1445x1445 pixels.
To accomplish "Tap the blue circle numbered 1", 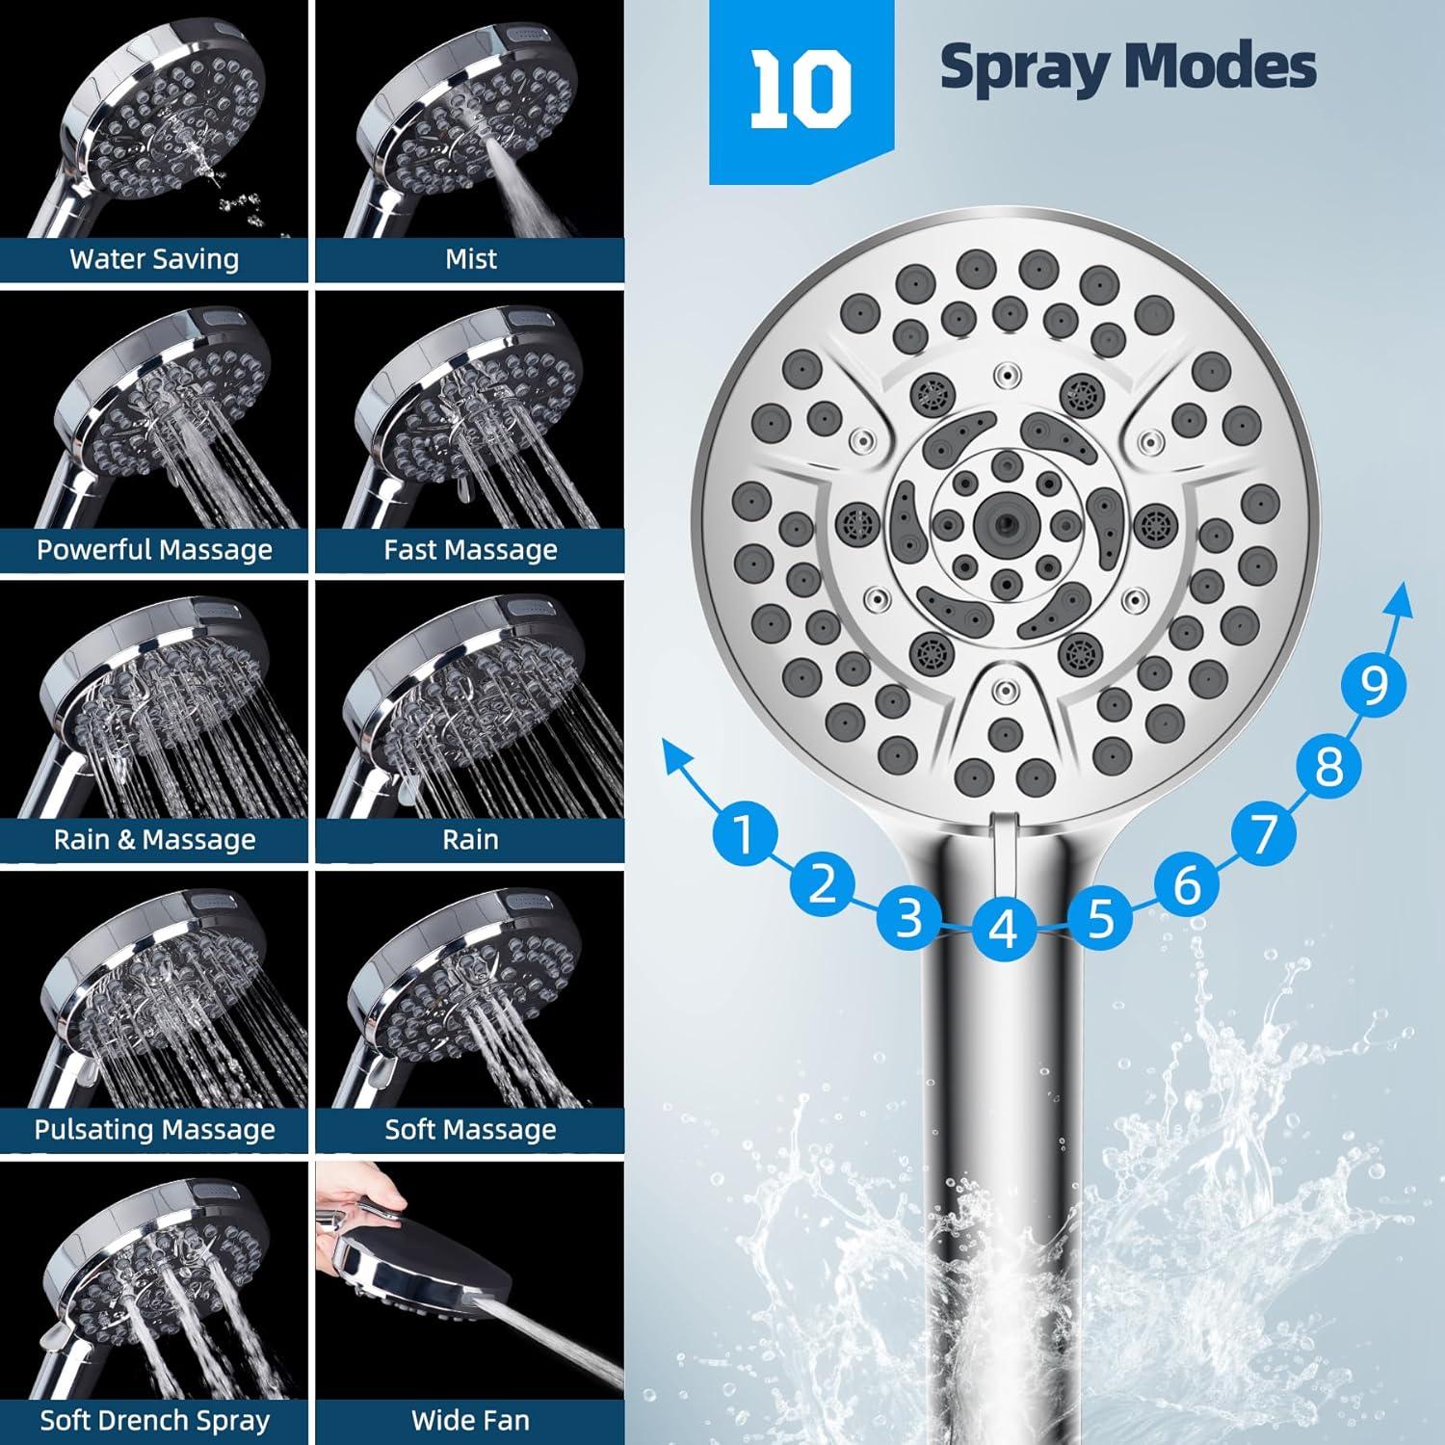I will point(743,832).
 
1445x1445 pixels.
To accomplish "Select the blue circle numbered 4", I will point(1004,929).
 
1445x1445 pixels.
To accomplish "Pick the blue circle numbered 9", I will point(1374,686).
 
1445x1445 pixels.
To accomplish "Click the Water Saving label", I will point(154,259).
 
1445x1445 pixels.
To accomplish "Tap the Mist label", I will point(470,259).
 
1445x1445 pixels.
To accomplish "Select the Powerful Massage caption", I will point(154,550).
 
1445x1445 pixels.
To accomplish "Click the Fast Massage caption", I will point(470,550).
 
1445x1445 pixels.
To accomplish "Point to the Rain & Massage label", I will point(154,840).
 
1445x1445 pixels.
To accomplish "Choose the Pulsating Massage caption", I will point(154,1129).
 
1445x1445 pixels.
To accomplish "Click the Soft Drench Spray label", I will point(154,1420).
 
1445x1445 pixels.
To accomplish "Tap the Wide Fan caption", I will point(470,1420).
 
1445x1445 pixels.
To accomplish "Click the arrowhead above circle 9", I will point(1399,602).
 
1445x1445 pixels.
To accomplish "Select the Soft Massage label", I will point(470,1129).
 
